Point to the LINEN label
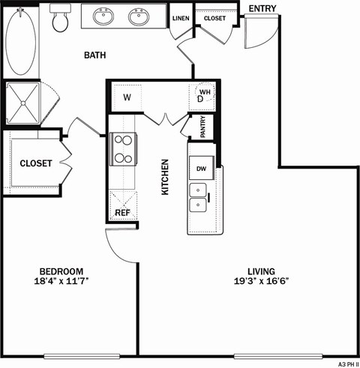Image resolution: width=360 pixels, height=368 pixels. point(180,18)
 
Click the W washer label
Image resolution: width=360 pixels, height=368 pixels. point(127,97)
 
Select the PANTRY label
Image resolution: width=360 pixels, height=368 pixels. point(203,128)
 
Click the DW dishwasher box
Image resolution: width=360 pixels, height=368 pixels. point(201,169)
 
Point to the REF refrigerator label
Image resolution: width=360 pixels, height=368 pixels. point(122,213)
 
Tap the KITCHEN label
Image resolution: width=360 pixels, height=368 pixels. point(166,177)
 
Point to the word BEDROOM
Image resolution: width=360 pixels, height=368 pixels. point(61,271)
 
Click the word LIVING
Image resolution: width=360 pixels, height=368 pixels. point(261,271)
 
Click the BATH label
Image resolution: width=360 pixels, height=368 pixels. point(94,55)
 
